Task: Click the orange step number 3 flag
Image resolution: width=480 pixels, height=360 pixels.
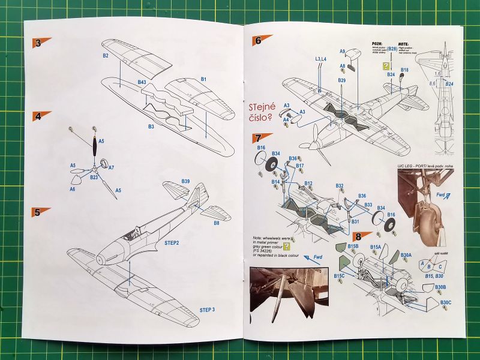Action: coord(40,43)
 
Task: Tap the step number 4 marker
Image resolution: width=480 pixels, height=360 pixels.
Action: coord(40,116)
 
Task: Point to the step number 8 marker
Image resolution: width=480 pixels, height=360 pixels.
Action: coord(361,237)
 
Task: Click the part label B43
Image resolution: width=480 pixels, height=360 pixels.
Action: coord(142,82)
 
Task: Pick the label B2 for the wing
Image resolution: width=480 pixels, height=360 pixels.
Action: coord(105,55)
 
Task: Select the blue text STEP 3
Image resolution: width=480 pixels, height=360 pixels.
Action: coord(208,310)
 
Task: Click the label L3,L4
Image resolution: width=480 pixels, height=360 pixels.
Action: coord(321,59)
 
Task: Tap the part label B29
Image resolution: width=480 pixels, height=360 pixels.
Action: coord(341,80)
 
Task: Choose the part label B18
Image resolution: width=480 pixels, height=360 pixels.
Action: coord(405,70)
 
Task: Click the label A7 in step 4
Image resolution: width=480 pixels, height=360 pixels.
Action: coord(111,167)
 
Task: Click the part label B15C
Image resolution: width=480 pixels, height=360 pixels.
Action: coord(339,275)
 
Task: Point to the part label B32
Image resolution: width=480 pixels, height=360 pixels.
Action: coord(340,186)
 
